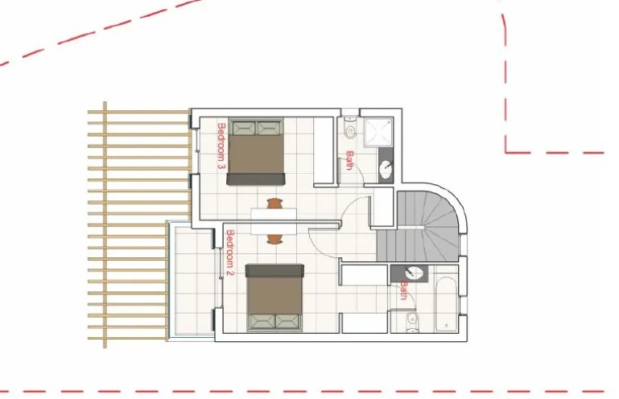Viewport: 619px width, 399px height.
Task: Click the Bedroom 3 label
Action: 221,146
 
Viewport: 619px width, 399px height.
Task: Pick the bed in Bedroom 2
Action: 274,297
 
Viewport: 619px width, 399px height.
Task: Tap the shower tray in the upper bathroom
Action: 376,134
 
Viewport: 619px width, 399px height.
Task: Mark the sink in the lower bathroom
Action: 415,273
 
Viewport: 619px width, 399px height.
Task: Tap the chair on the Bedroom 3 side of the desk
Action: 275,204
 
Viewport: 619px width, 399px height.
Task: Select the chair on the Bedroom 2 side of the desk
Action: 275,239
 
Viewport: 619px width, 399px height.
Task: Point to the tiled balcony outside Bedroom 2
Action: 191,282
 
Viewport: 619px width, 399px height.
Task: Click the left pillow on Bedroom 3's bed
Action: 244,126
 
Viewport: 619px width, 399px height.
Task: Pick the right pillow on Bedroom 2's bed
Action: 287,321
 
